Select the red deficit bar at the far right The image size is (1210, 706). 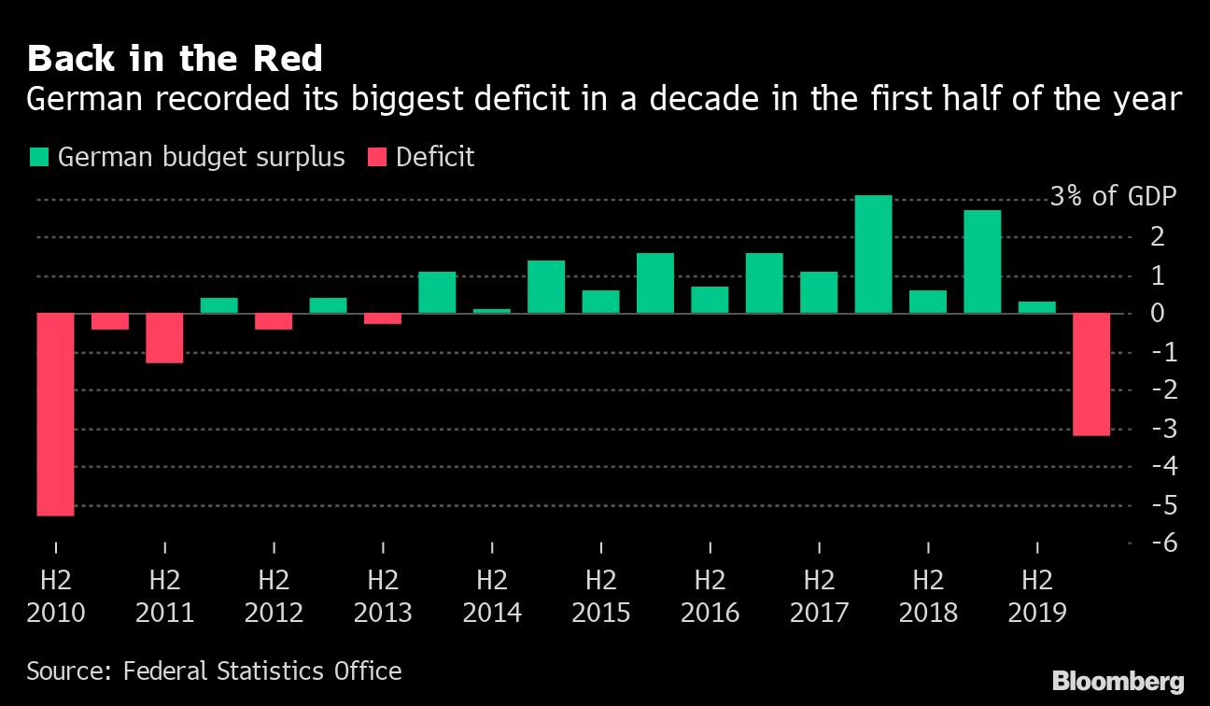point(1091,374)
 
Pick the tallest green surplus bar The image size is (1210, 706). point(873,254)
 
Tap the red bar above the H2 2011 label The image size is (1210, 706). point(164,338)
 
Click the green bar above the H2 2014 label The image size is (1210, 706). point(492,310)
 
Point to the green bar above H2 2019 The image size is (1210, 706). point(1037,307)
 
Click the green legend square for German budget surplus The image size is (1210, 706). point(39,157)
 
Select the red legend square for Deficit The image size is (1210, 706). point(377,157)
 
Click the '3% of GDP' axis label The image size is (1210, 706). point(1113,198)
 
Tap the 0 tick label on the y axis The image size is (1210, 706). point(1158,314)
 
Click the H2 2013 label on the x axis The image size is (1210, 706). point(383,596)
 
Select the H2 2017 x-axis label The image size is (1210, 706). point(819,596)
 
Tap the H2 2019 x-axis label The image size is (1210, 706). point(1037,596)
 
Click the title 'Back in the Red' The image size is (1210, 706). point(175,59)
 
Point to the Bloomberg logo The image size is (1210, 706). point(1118,680)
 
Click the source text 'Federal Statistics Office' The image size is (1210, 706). point(263,671)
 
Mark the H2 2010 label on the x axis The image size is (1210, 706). point(55,596)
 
